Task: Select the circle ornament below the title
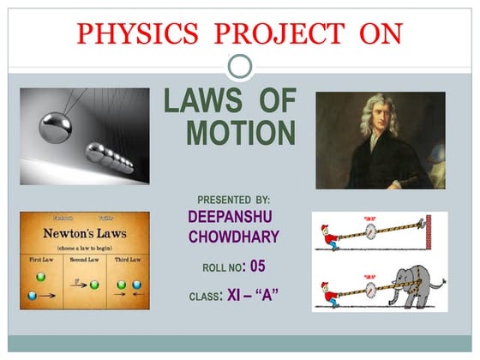pyautogui.click(x=240, y=66)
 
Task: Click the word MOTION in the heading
pyautogui.click(x=241, y=133)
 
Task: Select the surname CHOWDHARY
pyautogui.click(x=234, y=237)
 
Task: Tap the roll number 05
pyautogui.click(x=257, y=266)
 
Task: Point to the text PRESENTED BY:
pyautogui.click(x=234, y=199)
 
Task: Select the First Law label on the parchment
pyautogui.click(x=39, y=258)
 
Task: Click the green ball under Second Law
pyautogui.click(x=94, y=284)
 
